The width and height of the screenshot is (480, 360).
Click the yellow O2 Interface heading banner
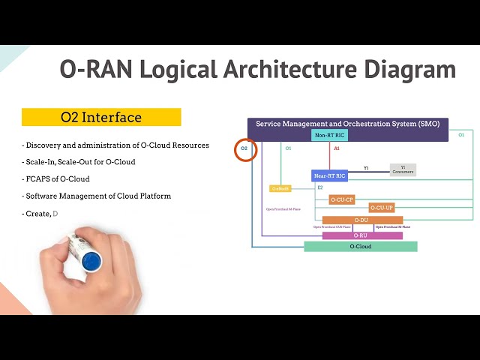[101, 117]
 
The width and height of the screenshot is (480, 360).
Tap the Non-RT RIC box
[330, 136]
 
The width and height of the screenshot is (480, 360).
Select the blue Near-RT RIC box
[330, 175]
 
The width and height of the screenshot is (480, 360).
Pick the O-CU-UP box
[382, 208]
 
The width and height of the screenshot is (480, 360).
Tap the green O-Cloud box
[360, 246]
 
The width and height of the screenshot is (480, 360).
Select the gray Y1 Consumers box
[403, 170]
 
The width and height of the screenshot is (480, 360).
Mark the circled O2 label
[244, 149]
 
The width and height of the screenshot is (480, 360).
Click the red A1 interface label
[337, 149]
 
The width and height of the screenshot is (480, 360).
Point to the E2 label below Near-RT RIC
[319, 187]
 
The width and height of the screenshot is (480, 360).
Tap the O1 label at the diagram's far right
[461, 135]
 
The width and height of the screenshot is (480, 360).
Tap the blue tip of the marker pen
[91, 260]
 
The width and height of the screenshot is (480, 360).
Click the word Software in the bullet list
[46, 196]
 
